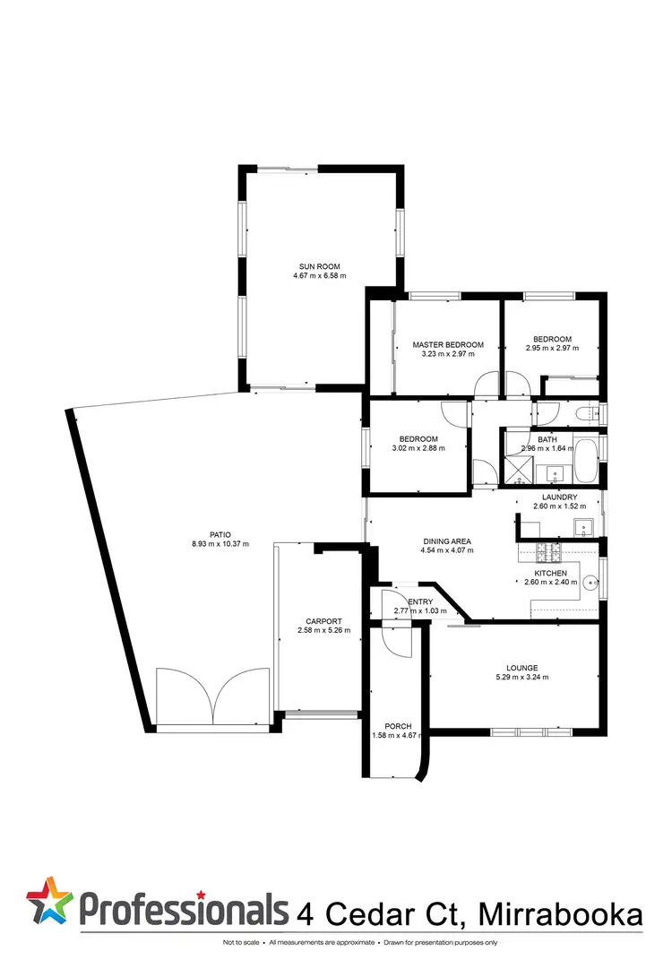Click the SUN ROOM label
tap(319, 265)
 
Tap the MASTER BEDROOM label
tap(447, 345)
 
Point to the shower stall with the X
tap(518, 467)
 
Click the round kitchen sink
tap(590, 583)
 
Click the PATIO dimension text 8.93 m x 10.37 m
tap(219, 544)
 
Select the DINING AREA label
tap(447, 541)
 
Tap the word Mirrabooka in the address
tap(563, 913)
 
